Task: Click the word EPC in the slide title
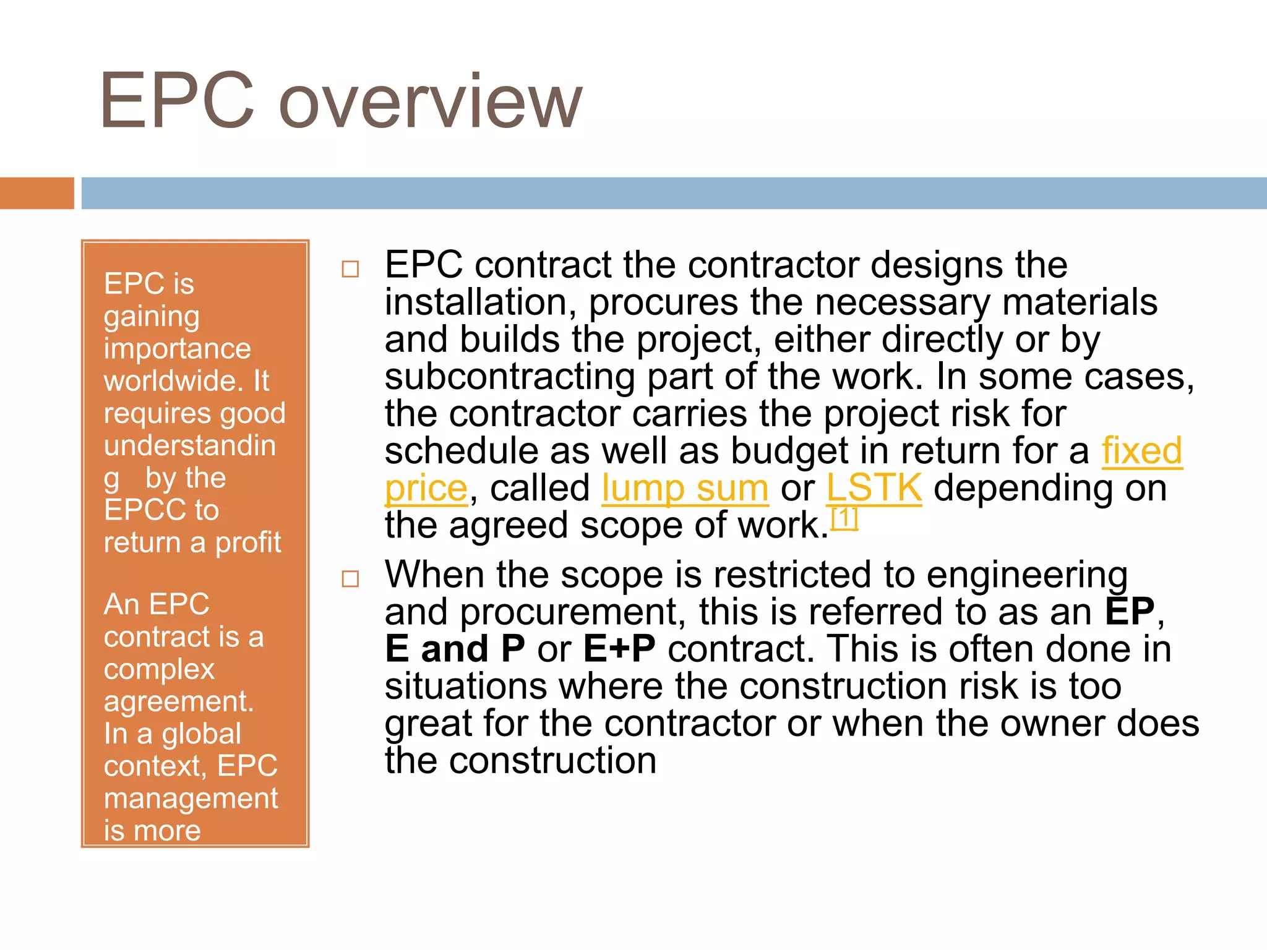pos(177,100)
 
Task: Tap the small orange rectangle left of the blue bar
pos(37,193)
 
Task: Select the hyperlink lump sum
pos(685,489)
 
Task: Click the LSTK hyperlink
pos(874,489)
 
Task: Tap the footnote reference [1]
pos(844,518)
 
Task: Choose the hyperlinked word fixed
pos(1141,451)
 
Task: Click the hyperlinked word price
pos(426,489)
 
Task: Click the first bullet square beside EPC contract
pos(351,269)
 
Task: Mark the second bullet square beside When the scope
pos(351,579)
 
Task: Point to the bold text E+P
pos(619,649)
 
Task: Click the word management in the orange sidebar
pos(191,798)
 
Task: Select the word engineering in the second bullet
pos(1027,575)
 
